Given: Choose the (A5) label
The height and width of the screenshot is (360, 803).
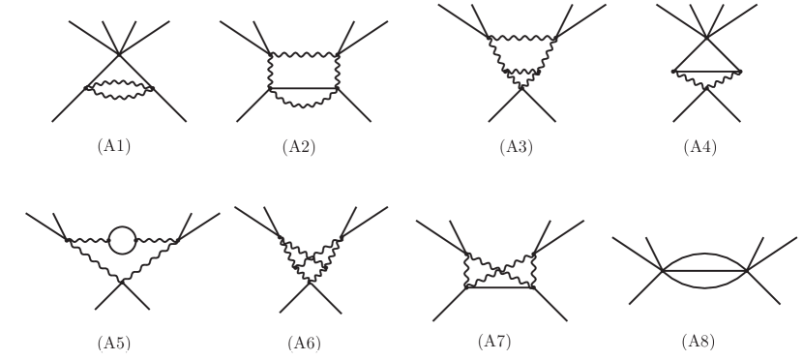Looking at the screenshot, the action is tap(117, 342).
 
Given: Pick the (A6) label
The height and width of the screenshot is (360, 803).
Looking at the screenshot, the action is tap(304, 342).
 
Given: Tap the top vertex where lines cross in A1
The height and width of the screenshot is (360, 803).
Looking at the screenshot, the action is tap(117, 54).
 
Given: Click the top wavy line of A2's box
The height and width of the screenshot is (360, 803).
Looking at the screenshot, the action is tap(304, 55).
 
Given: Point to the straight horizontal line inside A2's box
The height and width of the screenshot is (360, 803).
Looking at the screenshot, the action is tap(304, 88).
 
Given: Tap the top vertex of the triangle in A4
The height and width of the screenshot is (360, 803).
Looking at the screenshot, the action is tap(707, 38).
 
